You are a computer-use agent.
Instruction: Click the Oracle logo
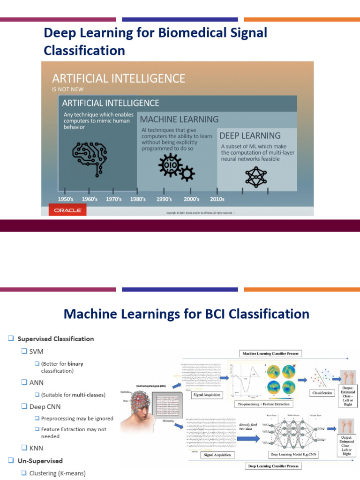click(x=67, y=210)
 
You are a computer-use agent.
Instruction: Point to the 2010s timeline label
click(x=217, y=199)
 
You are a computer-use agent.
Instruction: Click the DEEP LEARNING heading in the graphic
click(x=250, y=135)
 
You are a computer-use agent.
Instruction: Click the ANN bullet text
click(x=37, y=382)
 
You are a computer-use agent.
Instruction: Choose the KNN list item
click(x=37, y=448)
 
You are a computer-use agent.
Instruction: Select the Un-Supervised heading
click(x=40, y=461)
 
